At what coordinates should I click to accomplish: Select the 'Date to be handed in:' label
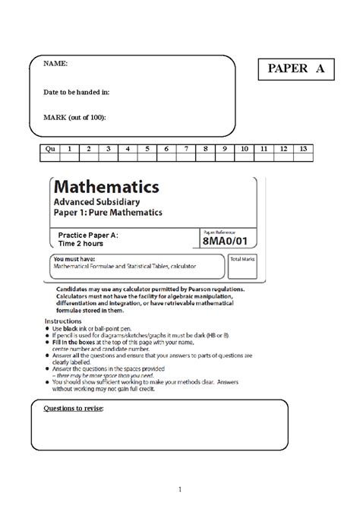pos(77,91)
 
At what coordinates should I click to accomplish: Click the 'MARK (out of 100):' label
pos(74,117)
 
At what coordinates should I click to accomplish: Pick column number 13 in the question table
pos(303,150)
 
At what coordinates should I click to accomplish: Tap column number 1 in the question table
pos(69,150)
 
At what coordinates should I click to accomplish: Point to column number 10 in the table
pos(245,150)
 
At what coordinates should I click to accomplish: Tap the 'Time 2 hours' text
pos(83,245)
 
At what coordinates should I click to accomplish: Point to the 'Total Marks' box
pos(242,260)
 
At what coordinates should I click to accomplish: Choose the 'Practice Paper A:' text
pos(89,236)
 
